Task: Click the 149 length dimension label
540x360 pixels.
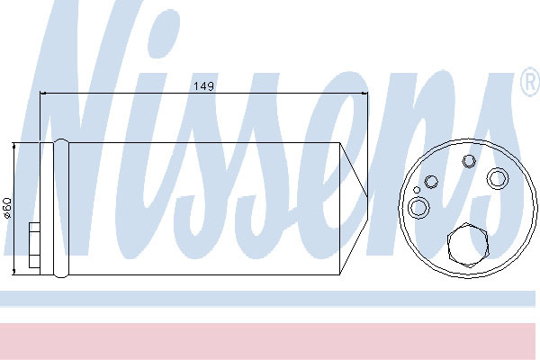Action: pyautogui.click(x=203, y=86)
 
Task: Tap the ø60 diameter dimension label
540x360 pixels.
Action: pyautogui.click(x=7, y=208)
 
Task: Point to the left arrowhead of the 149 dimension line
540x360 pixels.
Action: pyautogui.click(x=43, y=93)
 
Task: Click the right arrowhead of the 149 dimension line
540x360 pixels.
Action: pyautogui.click(x=364, y=93)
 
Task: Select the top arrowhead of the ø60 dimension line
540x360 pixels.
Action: pyautogui.click(x=14, y=146)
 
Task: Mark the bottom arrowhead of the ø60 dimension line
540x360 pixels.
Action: pyautogui.click(x=14, y=272)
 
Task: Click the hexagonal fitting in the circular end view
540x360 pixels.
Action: pyautogui.click(x=468, y=246)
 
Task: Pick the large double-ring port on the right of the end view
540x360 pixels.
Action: pyautogui.click(x=498, y=178)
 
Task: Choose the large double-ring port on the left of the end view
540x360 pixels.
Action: pyautogui.click(x=418, y=208)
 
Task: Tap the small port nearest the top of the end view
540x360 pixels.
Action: pyautogui.click(x=469, y=161)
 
